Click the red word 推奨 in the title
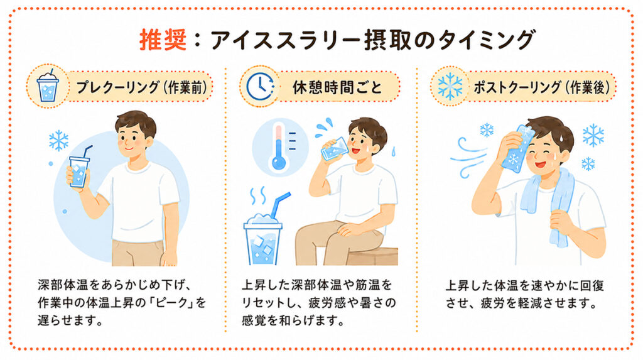tap(163, 40)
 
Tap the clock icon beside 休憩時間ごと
tap(260, 87)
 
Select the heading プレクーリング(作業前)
tap(141, 87)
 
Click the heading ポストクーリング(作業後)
tap(542, 87)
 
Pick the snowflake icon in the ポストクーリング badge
tap(450, 87)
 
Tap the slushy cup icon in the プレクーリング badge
tap(48, 86)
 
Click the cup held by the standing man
tap(79, 170)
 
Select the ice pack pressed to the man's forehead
tap(516, 148)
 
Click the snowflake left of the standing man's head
tap(58, 140)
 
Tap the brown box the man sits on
tap(372, 256)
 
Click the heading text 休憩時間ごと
tap(337, 87)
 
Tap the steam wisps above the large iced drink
tap(258, 196)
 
